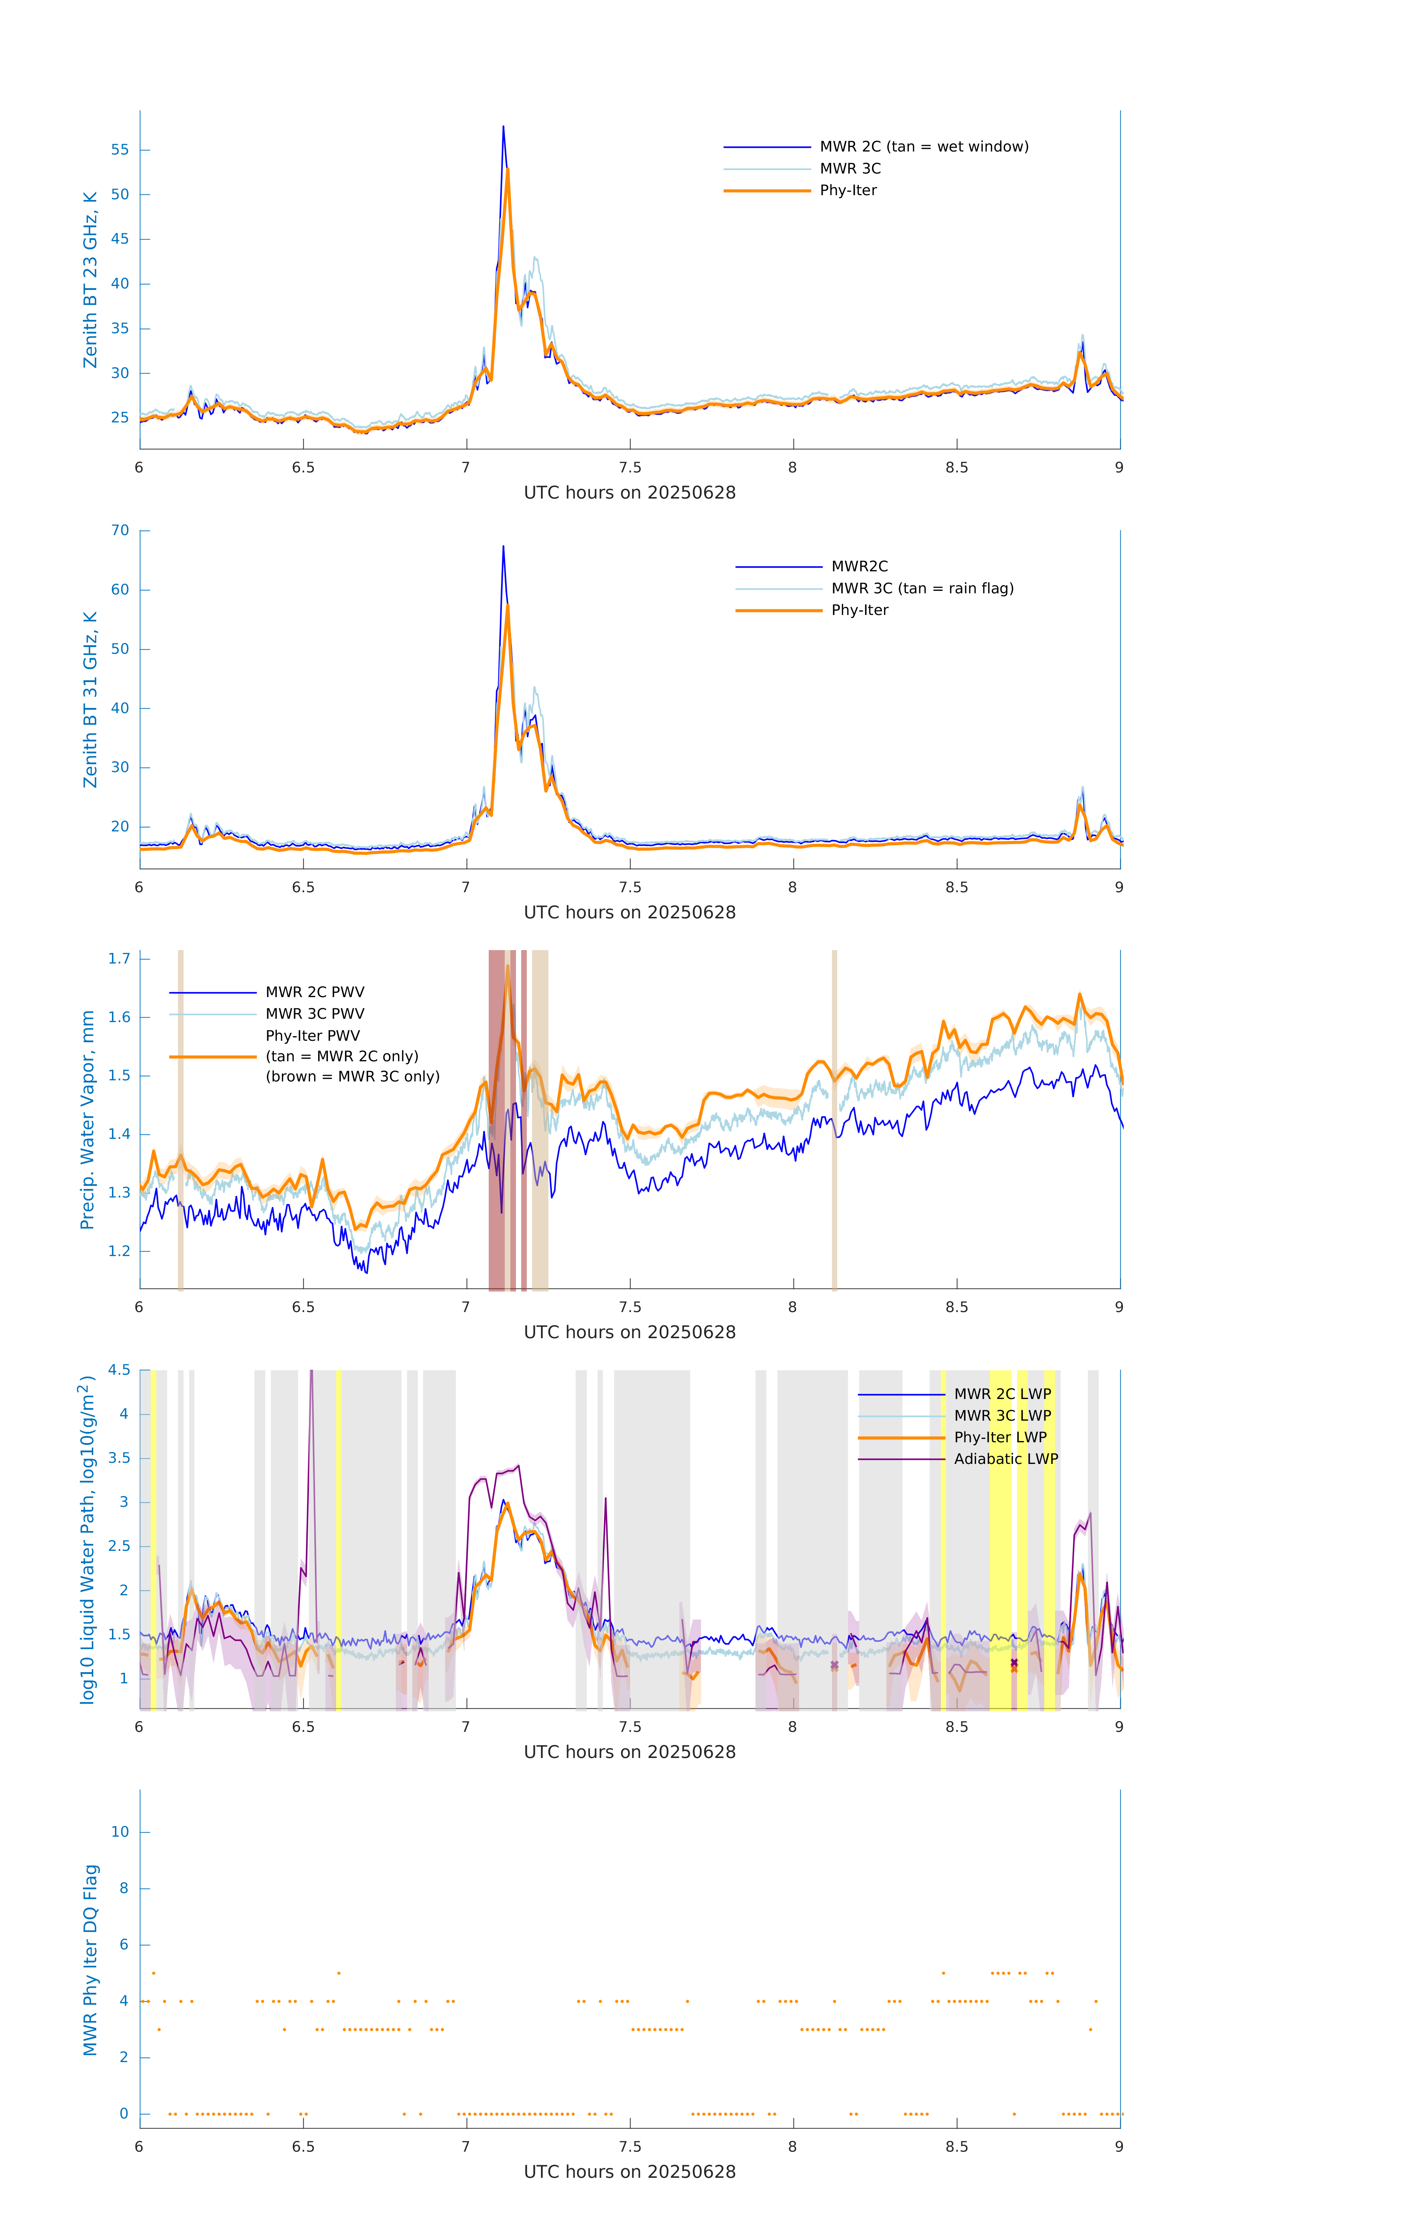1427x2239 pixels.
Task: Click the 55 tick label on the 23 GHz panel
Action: [x=120, y=150]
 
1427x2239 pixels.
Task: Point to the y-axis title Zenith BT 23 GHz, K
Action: [x=90, y=280]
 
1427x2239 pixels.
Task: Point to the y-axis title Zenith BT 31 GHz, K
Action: [x=90, y=699]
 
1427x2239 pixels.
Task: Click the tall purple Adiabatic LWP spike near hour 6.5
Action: [x=312, y=1376]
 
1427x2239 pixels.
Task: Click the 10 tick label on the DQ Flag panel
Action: [x=120, y=1832]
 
